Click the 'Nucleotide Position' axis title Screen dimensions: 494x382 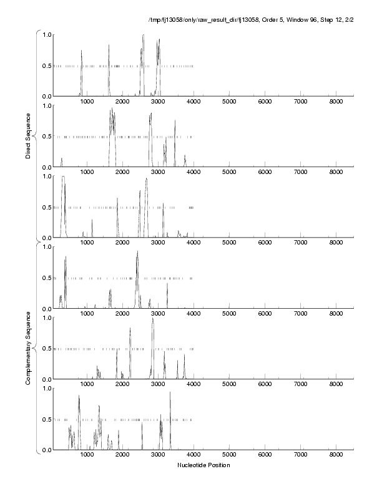point(203,465)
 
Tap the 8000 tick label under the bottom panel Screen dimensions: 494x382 point(336,456)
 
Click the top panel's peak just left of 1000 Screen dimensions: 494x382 point(82,51)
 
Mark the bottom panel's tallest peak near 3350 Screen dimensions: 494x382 point(170,393)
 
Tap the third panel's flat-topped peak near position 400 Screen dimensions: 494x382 point(64,178)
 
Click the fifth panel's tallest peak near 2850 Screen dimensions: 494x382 point(152,319)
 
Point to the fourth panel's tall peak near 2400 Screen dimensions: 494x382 point(137,253)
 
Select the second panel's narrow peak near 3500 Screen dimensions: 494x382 point(175,122)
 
